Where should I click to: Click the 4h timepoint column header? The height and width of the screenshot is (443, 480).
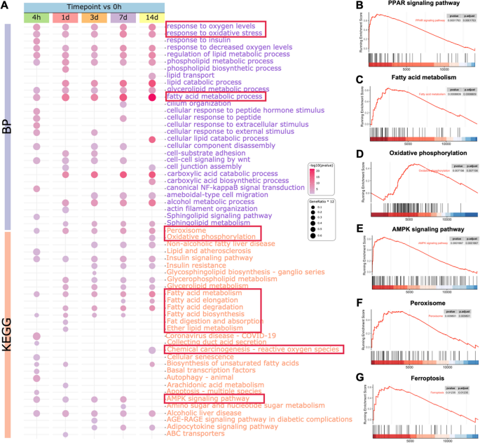tap(35, 17)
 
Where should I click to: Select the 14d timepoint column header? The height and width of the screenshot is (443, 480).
tap(152, 17)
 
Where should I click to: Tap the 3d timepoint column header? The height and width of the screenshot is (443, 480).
tap(93, 17)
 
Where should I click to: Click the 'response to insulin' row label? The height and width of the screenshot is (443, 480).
tap(199, 40)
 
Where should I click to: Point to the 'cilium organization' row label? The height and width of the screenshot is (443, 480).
tap(198, 104)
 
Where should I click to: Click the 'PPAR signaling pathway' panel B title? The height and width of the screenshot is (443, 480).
tap(412, 6)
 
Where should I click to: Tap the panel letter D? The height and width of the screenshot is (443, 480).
tap(360, 153)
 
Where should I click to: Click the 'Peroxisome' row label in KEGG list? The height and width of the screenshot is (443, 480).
tap(186, 230)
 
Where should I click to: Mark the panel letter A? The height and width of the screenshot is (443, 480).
tap(5, 6)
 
